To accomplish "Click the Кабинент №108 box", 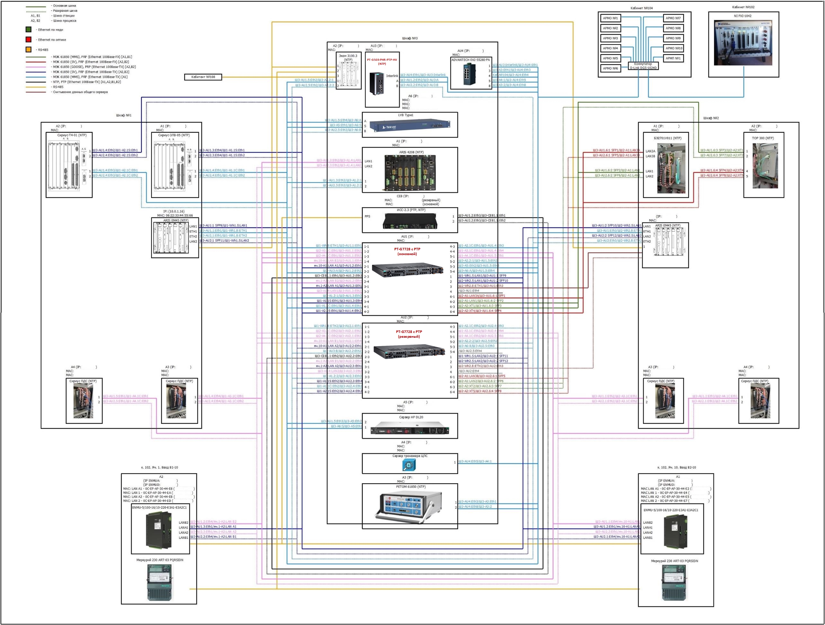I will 203,77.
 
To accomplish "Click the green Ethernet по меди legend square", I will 28,29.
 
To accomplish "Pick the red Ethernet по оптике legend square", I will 28,39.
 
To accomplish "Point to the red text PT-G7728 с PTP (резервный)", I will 409,334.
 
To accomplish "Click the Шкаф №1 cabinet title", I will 124,115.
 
